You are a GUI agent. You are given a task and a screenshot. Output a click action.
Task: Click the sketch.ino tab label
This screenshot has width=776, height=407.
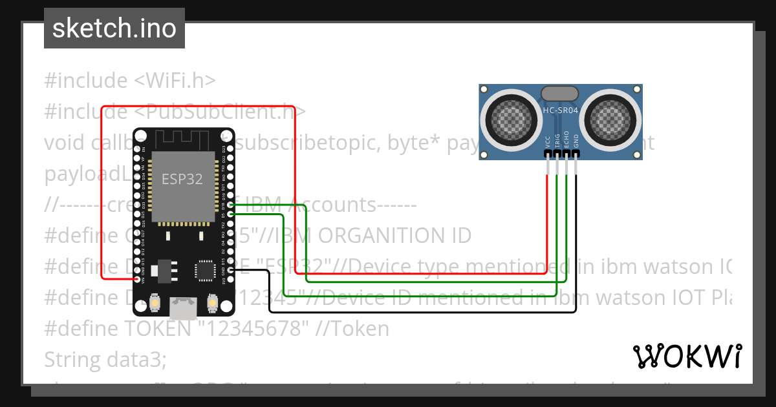(114, 28)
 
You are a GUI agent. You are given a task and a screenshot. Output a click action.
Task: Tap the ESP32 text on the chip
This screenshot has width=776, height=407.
(182, 180)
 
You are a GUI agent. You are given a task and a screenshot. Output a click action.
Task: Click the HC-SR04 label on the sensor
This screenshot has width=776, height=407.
(560, 110)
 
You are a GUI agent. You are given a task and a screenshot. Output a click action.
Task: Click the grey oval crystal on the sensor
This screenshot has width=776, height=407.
(560, 93)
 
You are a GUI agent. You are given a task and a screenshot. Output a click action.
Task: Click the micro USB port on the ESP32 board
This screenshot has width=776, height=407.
(183, 309)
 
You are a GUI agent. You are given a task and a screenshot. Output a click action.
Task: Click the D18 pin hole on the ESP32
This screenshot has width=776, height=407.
(231, 205)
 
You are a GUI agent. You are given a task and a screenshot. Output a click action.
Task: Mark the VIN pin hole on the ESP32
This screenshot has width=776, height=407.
(136, 280)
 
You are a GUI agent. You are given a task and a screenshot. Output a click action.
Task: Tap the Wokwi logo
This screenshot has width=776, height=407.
(687, 356)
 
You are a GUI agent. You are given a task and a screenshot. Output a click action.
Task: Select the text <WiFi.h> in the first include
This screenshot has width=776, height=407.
(175, 81)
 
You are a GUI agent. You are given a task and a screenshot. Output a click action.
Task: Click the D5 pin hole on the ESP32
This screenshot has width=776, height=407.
(231, 214)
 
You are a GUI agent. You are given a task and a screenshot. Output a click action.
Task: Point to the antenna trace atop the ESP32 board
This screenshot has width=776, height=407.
(183, 139)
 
